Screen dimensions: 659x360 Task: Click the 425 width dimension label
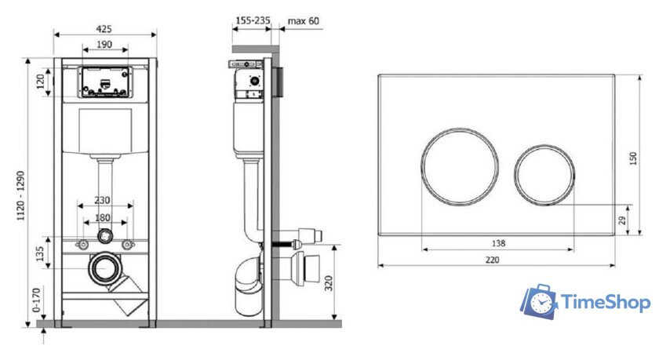pyautogui.click(x=104, y=28)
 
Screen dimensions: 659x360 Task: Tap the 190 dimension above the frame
pyautogui.click(x=104, y=44)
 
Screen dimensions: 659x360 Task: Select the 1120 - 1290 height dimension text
pyautogui.click(x=21, y=196)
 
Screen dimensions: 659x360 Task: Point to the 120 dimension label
pyautogui.click(x=41, y=81)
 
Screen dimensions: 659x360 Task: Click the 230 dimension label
pyautogui.click(x=102, y=200)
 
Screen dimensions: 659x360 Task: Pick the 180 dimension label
pyautogui.click(x=103, y=217)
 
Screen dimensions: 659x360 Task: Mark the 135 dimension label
pyautogui.click(x=40, y=253)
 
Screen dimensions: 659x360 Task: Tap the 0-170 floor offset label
pyautogui.click(x=37, y=300)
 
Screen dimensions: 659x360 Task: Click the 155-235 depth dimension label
pyautogui.click(x=253, y=20)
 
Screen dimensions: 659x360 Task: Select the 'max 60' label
pyautogui.click(x=304, y=20)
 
